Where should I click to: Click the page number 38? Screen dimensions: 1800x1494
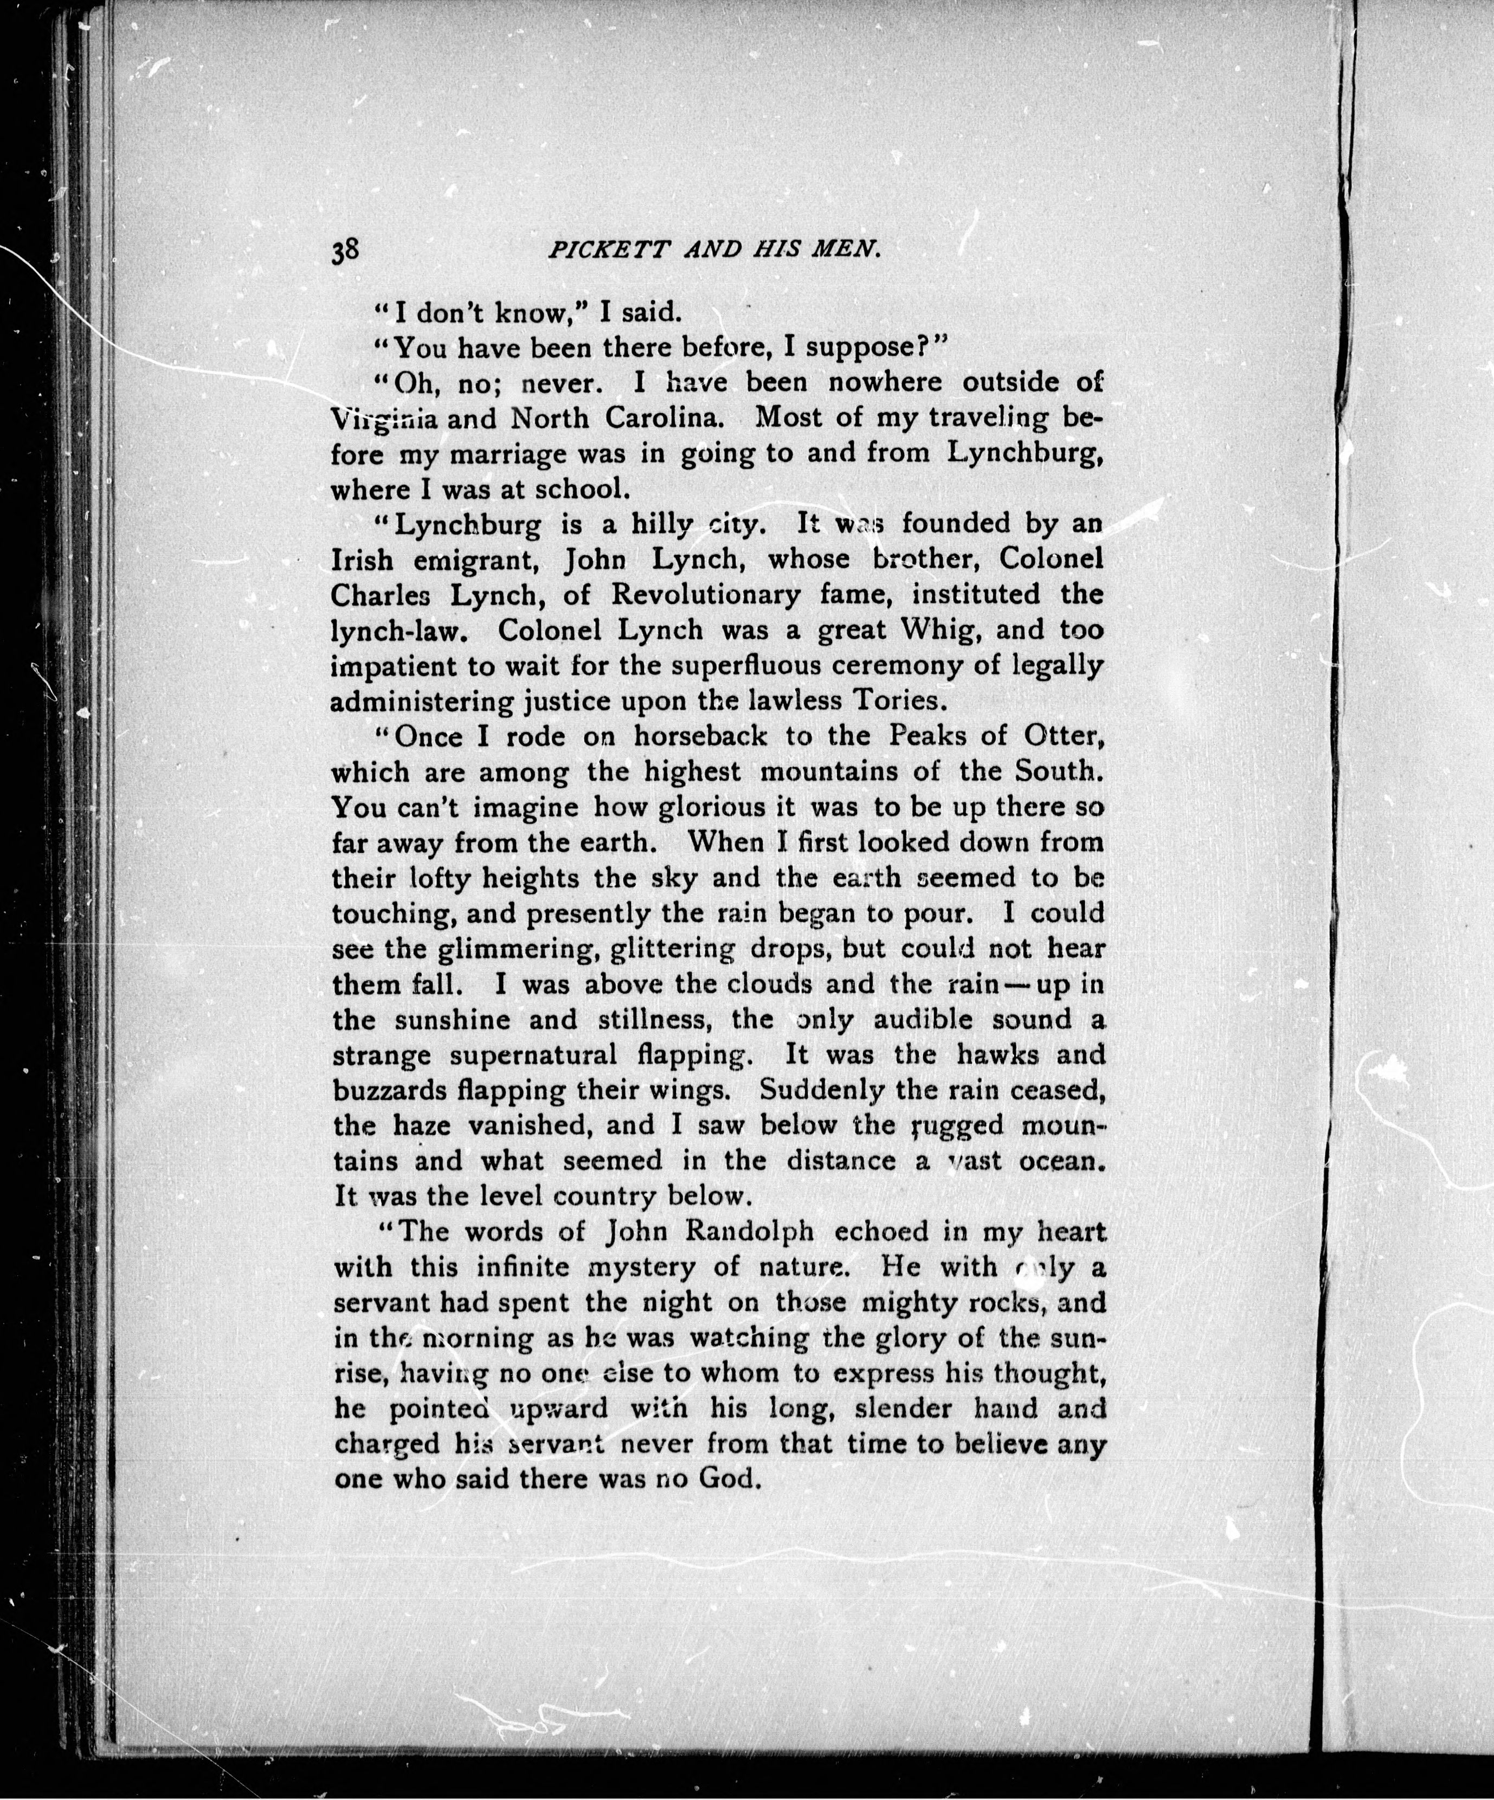[348, 251]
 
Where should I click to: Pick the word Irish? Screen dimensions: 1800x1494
[363, 560]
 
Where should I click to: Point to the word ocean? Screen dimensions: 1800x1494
[1061, 1161]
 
